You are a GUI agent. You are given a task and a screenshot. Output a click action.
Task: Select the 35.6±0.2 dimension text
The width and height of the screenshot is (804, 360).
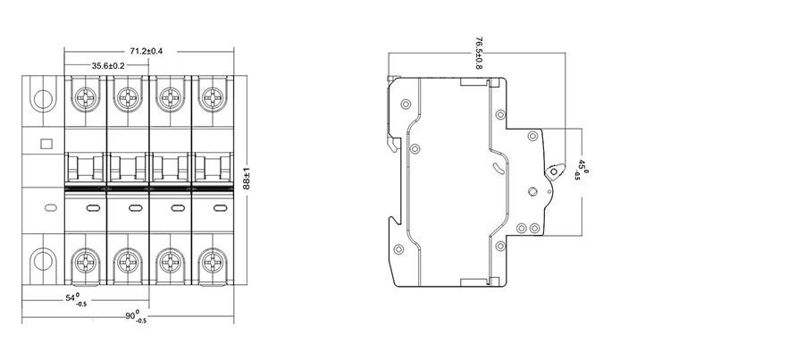coord(108,65)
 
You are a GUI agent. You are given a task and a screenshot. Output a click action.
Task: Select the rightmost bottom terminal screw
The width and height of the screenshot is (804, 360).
coord(213,263)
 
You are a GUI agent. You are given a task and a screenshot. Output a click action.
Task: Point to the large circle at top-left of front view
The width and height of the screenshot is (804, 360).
coord(42,97)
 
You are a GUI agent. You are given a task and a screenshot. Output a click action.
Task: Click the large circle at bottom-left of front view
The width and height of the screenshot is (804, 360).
coord(42,262)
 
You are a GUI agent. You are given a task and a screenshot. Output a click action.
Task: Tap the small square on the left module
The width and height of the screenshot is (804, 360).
coord(46,143)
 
